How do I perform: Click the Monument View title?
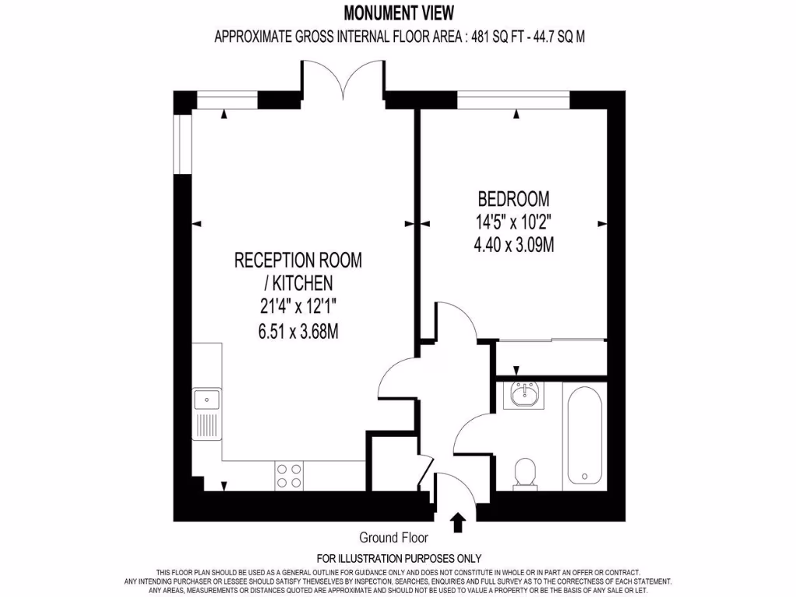pos(398,12)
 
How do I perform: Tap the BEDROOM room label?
pos(513,198)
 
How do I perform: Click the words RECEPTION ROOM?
pos(298,260)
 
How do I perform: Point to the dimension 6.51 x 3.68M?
pos(298,332)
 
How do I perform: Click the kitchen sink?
pos(207,400)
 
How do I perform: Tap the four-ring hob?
pos(289,476)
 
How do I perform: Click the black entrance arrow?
pos(457,522)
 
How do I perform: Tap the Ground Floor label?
pos(393,537)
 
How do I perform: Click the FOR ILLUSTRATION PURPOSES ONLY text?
pos(399,558)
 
